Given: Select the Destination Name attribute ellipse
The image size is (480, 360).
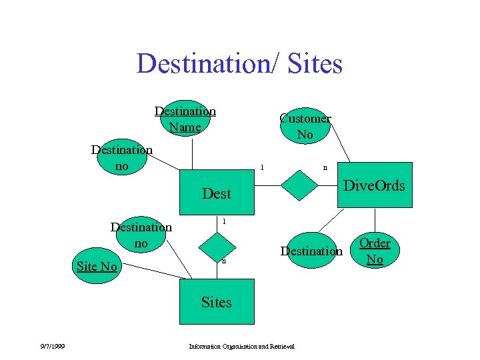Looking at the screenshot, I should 185,119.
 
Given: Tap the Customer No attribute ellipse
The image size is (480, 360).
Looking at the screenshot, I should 305,126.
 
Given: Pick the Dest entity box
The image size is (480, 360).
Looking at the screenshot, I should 216,193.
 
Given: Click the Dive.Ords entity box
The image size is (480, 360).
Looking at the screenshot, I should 374,186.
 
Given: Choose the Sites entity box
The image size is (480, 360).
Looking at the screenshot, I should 216,302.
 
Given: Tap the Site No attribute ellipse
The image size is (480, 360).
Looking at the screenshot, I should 97,267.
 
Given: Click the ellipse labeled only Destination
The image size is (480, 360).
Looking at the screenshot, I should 311,251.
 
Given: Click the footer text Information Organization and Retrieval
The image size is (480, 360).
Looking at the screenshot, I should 242,346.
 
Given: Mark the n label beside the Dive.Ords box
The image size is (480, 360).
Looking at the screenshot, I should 325,168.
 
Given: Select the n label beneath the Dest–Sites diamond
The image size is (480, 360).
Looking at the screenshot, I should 224,261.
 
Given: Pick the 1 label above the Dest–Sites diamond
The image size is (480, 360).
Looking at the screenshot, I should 224,221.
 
